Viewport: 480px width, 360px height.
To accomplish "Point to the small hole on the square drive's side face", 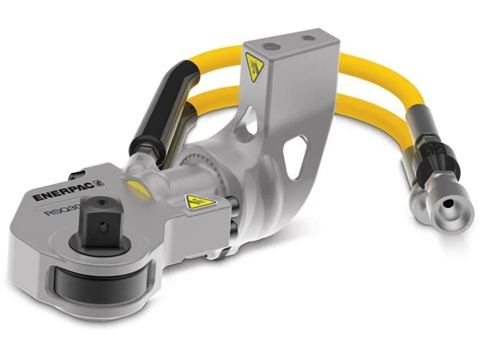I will (101, 227).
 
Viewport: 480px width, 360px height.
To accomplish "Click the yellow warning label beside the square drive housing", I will (200, 201).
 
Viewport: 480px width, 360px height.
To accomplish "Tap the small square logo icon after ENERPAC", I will (100, 183).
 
